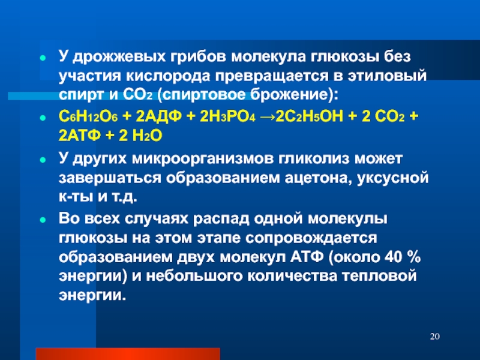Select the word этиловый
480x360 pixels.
[387, 76]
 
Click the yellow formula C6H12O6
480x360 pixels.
[88, 116]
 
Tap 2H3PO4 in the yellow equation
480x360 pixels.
[227, 116]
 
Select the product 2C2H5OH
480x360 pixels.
[309, 116]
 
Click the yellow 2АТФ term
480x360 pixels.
[80, 136]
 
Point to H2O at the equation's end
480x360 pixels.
[147, 136]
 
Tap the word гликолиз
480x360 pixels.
[314, 159]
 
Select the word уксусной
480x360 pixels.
[393, 178]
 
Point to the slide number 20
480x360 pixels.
[434, 337]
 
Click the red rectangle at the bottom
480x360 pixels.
[128, 354]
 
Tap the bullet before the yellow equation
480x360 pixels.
[43, 118]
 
